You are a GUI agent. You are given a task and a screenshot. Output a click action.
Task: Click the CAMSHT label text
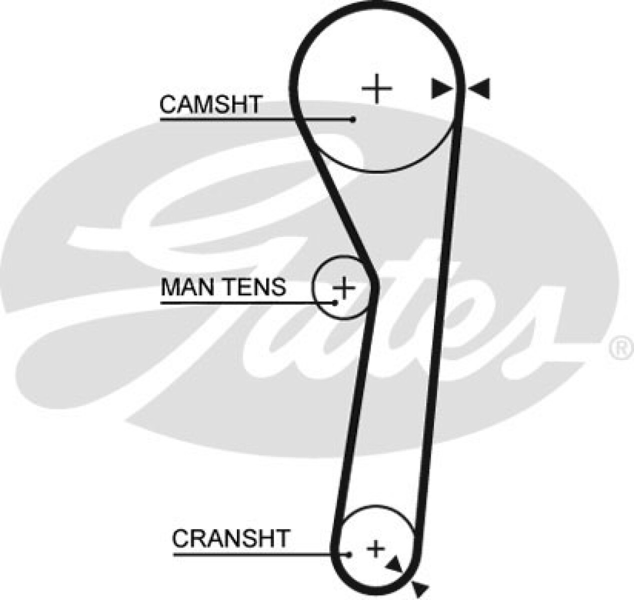(x=210, y=104)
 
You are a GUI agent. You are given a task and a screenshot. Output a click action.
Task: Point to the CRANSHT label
(x=230, y=538)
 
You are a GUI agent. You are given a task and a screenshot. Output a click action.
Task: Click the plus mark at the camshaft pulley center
(x=377, y=88)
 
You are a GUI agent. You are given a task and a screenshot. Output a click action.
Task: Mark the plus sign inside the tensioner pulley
(x=344, y=288)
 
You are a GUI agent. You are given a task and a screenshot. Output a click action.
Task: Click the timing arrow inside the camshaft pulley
(x=441, y=88)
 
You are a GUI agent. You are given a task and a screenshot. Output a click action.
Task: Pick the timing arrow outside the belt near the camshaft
(x=480, y=88)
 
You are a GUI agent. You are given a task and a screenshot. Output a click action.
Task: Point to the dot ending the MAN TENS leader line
(x=335, y=302)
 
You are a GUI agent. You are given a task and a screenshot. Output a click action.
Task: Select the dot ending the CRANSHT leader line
(x=349, y=554)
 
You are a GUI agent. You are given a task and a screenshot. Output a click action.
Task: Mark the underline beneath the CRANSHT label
(x=250, y=554)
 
